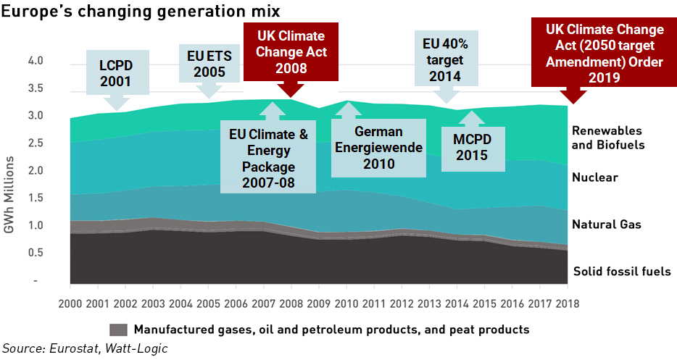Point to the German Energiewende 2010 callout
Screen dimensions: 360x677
(x=379, y=148)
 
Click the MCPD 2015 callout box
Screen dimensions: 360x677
(x=472, y=146)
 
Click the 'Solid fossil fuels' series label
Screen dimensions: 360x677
(x=621, y=272)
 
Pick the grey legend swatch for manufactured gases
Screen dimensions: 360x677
(x=120, y=330)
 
